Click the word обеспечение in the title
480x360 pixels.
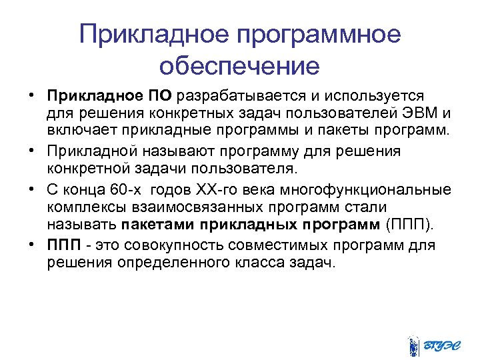[x=239, y=66]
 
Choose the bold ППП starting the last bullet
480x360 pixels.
[x=62, y=245]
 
